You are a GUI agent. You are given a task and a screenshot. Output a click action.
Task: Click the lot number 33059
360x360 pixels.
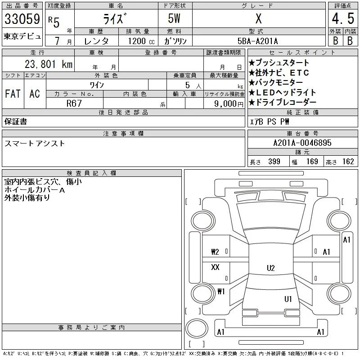[x=22, y=19]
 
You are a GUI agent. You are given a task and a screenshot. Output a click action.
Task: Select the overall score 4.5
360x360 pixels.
[x=343, y=18]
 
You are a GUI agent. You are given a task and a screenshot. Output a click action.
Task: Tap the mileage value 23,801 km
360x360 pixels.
[x=49, y=64]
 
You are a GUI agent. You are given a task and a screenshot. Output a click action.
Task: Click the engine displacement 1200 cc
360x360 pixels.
[x=141, y=41]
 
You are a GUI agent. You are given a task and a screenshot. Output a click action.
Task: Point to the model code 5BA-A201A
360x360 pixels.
[x=257, y=41]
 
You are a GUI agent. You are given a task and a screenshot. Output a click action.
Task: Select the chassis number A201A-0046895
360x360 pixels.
[x=302, y=143]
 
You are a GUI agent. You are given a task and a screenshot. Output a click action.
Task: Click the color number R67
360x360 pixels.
[x=74, y=103]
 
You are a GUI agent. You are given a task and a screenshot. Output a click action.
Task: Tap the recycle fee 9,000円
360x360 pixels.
[x=229, y=104]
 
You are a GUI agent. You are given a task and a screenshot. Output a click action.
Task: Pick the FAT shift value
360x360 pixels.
[x=13, y=94]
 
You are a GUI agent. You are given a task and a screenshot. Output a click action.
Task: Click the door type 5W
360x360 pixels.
[x=174, y=18]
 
